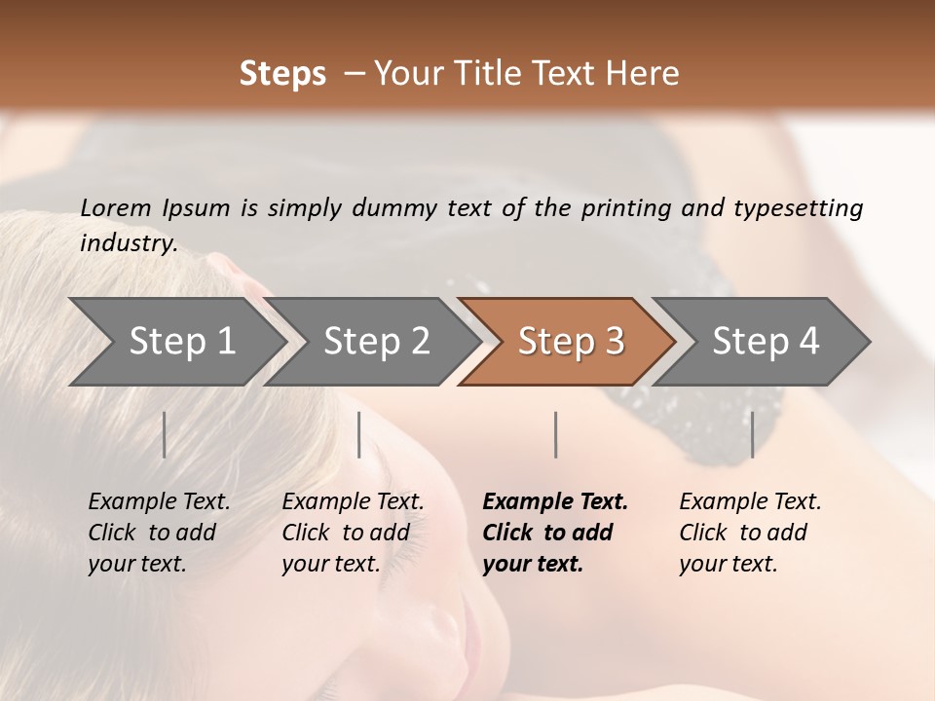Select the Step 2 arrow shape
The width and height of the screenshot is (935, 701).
click(x=376, y=342)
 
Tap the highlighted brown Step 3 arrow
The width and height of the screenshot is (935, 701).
click(x=571, y=342)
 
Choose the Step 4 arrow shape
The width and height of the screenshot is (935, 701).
click(x=766, y=342)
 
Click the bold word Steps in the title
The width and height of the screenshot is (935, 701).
click(x=282, y=74)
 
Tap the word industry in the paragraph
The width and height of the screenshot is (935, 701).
click(x=128, y=243)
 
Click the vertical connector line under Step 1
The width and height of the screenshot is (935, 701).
click(x=165, y=434)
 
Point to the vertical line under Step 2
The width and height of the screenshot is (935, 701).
click(x=359, y=434)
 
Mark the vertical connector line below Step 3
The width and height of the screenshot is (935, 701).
click(x=555, y=434)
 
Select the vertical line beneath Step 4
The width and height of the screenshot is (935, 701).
click(x=752, y=434)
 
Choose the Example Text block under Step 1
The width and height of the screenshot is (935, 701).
click(x=158, y=533)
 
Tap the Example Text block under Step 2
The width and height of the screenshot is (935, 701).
click(x=352, y=533)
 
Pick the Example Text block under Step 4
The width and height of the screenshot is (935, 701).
click(x=749, y=533)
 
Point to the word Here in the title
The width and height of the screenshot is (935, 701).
click(x=647, y=74)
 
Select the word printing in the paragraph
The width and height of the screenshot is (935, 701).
click(x=627, y=208)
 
